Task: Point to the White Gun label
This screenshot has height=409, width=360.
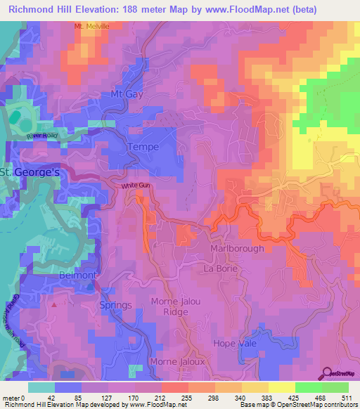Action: pos(135,186)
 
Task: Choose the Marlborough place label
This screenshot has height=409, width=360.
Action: pos(237,249)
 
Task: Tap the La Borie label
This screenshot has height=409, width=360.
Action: pos(219,268)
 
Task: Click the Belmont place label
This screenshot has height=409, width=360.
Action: pos(77,275)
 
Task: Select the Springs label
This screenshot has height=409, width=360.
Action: pos(116,305)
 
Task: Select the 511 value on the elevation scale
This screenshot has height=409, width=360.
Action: pos(344,398)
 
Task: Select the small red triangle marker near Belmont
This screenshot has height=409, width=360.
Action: pos(55,306)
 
